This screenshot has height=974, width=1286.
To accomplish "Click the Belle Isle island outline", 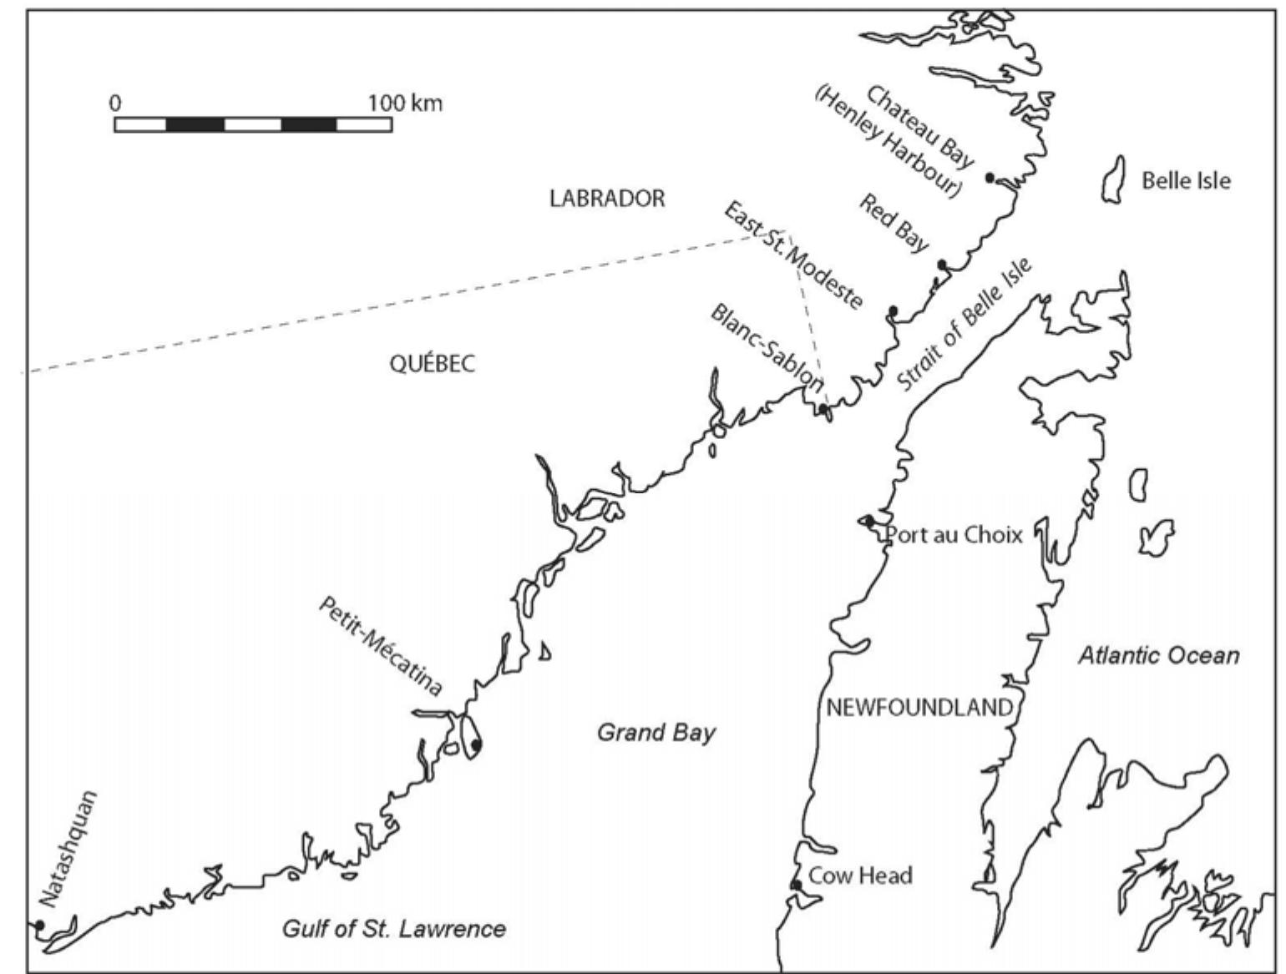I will pyautogui.click(x=1114, y=179).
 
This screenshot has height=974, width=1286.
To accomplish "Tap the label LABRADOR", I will pyautogui.click(x=607, y=199).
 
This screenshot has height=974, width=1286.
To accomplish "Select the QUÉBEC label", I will pyautogui.click(x=432, y=364).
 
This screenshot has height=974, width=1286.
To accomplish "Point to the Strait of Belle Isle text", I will pyautogui.click(x=964, y=325).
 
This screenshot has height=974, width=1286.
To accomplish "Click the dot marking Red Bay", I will pyautogui.click(x=942, y=265).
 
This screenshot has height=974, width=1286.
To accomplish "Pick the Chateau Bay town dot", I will pyautogui.click(x=990, y=178).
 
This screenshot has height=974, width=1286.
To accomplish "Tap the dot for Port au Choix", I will pyautogui.click(x=869, y=521).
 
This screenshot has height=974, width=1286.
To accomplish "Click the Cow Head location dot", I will pyautogui.click(x=797, y=885).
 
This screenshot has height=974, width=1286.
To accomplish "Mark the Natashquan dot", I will pyautogui.click(x=38, y=925).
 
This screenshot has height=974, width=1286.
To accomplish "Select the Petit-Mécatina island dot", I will pyautogui.click(x=476, y=744).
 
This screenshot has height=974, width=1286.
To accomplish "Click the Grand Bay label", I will pyautogui.click(x=656, y=733).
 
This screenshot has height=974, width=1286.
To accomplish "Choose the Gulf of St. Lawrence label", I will pyautogui.click(x=393, y=929).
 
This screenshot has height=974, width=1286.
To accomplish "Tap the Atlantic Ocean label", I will pyautogui.click(x=1158, y=655).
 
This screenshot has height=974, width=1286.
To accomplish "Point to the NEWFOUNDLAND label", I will pyautogui.click(x=919, y=708).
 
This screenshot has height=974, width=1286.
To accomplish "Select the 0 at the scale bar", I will pyautogui.click(x=115, y=103).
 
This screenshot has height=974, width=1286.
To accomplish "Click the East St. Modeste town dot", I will pyautogui.click(x=893, y=311).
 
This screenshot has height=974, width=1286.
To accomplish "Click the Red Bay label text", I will pyautogui.click(x=894, y=224).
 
